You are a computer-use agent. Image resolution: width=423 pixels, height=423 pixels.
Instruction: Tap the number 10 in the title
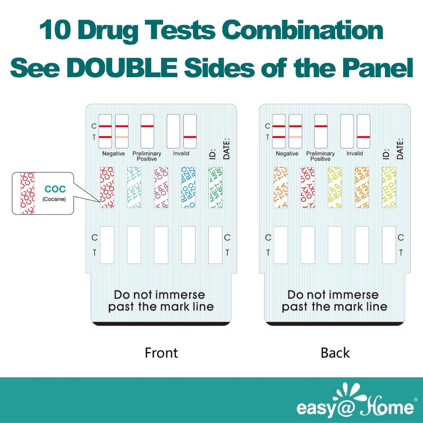click(x=56, y=32)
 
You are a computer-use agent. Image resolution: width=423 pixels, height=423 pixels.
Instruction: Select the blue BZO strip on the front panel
click(x=188, y=188)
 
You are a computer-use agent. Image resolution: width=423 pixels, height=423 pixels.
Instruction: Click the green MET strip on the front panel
click(x=215, y=188)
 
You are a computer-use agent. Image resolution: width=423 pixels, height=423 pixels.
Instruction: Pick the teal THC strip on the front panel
click(x=134, y=188)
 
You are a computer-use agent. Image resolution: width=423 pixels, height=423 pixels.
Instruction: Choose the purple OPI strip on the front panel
click(x=161, y=188)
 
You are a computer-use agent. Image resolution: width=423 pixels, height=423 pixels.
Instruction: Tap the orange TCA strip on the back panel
click(x=280, y=188)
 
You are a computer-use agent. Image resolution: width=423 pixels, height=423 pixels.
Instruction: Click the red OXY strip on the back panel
click(x=307, y=188)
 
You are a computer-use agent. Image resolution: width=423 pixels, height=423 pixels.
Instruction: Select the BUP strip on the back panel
click(x=335, y=188)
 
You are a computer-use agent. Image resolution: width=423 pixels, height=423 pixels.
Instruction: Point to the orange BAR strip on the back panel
click(x=362, y=188)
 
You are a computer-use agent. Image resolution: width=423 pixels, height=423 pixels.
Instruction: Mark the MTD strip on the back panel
click(x=389, y=188)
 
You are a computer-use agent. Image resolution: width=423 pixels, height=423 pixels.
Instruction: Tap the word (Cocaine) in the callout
click(x=56, y=199)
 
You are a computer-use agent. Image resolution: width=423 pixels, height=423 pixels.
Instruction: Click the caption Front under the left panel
click(x=161, y=353)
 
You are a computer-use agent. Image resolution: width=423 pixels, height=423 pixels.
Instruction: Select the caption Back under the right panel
click(x=335, y=353)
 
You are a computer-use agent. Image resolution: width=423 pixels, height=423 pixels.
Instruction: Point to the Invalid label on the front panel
click(x=181, y=153)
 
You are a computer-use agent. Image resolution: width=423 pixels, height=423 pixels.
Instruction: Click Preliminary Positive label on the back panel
click(x=321, y=156)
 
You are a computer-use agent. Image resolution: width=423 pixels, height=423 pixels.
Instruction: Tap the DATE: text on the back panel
click(x=400, y=149)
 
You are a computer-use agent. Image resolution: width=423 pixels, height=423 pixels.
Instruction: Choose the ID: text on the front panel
click(x=213, y=153)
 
